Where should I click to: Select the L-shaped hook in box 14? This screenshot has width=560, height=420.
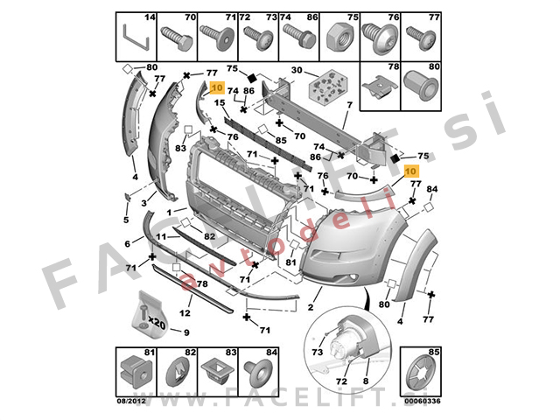(x=134, y=37)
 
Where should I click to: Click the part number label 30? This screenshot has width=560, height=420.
(x=297, y=70)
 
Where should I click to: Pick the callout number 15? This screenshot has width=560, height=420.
(x=220, y=103)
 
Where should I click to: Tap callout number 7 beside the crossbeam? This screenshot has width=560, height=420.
(x=347, y=105)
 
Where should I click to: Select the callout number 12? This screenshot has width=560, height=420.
(x=185, y=312)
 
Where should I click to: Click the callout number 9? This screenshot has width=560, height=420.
(x=185, y=332)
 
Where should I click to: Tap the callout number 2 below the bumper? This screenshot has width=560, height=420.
(x=310, y=306)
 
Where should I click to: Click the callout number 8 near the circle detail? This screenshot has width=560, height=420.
(x=365, y=382)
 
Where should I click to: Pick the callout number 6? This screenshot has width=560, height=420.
(x=128, y=243)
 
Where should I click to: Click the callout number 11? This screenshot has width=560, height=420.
(x=160, y=237)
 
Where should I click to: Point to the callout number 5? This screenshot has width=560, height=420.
(x=125, y=219)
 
